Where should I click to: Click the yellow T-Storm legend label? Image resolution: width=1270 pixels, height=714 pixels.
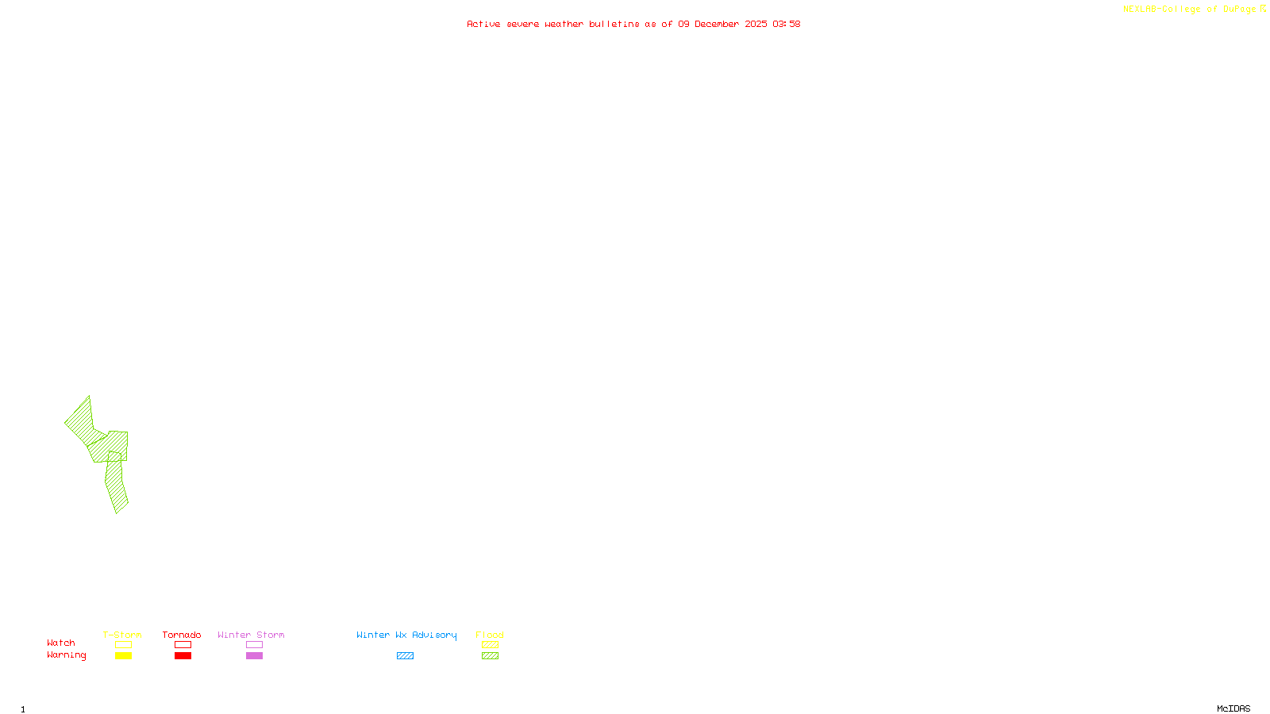122,635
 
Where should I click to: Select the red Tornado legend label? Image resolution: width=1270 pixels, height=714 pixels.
182,635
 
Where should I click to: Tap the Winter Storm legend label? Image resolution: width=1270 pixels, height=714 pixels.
251,635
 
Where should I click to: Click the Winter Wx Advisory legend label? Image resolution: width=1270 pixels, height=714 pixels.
406,635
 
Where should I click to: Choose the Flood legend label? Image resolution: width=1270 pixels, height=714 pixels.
490,635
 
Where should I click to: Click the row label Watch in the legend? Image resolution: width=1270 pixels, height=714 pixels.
61,643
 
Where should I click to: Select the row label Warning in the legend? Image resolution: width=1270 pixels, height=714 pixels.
67,655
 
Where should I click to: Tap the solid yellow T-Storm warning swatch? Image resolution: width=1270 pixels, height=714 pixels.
123,656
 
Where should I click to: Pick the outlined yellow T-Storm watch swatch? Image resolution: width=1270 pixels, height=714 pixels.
123,645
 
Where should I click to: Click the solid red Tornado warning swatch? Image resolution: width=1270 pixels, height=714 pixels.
183,656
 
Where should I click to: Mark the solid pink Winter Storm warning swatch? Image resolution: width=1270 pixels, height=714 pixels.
254,656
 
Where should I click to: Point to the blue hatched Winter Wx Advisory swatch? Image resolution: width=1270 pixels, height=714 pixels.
405,656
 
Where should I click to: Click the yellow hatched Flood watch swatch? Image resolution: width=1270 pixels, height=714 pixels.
490,645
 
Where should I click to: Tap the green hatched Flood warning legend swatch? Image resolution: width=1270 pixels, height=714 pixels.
490,656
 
